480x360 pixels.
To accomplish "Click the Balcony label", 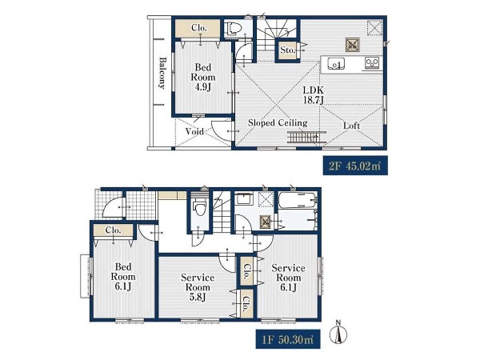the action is click(162, 73).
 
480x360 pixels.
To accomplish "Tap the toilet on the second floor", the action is click(234, 29).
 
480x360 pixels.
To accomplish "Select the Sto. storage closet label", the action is click(287, 50).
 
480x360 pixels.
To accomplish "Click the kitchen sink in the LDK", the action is click(336, 64).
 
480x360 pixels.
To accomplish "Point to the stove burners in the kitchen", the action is click(372, 63).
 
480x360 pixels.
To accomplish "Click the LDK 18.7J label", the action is click(313, 95).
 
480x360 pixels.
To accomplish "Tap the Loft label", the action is click(351, 126).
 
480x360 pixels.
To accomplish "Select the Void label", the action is click(194, 131).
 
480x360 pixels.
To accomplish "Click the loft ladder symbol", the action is click(306, 137).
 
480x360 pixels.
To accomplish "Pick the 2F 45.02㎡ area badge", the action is click(355, 166).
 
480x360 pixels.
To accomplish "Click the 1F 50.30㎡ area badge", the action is click(288, 339).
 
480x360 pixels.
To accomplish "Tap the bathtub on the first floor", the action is click(298, 200).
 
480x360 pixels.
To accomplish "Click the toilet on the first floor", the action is click(199, 207).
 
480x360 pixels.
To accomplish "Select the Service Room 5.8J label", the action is click(198, 287).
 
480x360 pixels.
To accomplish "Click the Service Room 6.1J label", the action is click(288, 278).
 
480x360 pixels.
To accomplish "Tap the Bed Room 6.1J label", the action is click(123, 277).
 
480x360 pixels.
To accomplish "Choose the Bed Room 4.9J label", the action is click(203, 77).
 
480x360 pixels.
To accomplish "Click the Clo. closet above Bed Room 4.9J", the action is click(198, 28).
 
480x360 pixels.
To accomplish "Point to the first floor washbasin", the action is click(244, 198).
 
